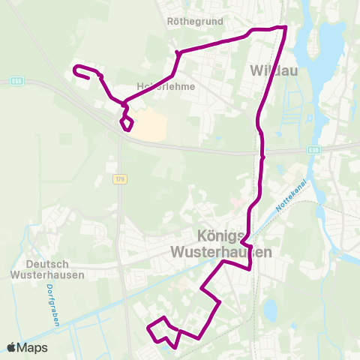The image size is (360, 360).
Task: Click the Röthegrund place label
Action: click(194, 22)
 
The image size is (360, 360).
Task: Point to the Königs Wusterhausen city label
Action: click(221, 243)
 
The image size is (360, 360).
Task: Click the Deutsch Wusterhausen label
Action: click(55, 269)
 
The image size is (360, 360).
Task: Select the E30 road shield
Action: click(313, 150)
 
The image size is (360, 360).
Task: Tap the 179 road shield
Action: click(119, 179)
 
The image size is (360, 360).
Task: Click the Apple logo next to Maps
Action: click(11, 347)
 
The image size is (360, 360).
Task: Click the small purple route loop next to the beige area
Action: click(127, 121)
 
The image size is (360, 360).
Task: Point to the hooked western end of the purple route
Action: click(76, 70)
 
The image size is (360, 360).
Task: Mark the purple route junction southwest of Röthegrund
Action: click(177, 52)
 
